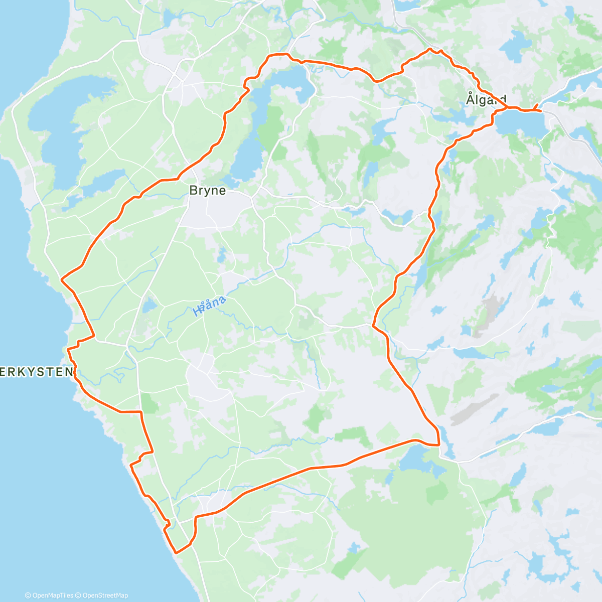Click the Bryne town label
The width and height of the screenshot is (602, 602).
click(207, 191)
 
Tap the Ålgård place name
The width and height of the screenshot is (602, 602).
click(486, 99)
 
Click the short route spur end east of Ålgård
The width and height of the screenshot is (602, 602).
click(538, 104)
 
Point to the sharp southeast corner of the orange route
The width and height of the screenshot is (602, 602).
click(439, 444)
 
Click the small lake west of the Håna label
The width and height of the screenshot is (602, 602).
click(148, 305)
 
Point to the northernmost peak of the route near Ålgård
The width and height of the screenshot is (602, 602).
click(430, 49)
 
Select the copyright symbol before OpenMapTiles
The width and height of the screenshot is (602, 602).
click(28, 595)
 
